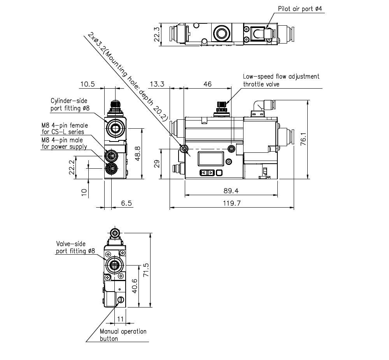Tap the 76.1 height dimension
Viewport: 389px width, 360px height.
pyautogui.click(x=304, y=139)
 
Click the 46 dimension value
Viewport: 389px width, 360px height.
pyautogui.click(x=208, y=84)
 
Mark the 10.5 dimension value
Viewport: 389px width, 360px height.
pyautogui.click(x=88, y=84)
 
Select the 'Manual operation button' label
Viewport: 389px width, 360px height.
pyautogui.click(x=123, y=335)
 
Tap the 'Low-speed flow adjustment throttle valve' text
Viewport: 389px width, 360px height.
pyautogui.click(x=281, y=80)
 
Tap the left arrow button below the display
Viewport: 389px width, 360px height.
pyautogui.click(x=203, y=173)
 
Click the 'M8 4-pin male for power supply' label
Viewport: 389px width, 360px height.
pyautogui.click(x=64, y=143)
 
